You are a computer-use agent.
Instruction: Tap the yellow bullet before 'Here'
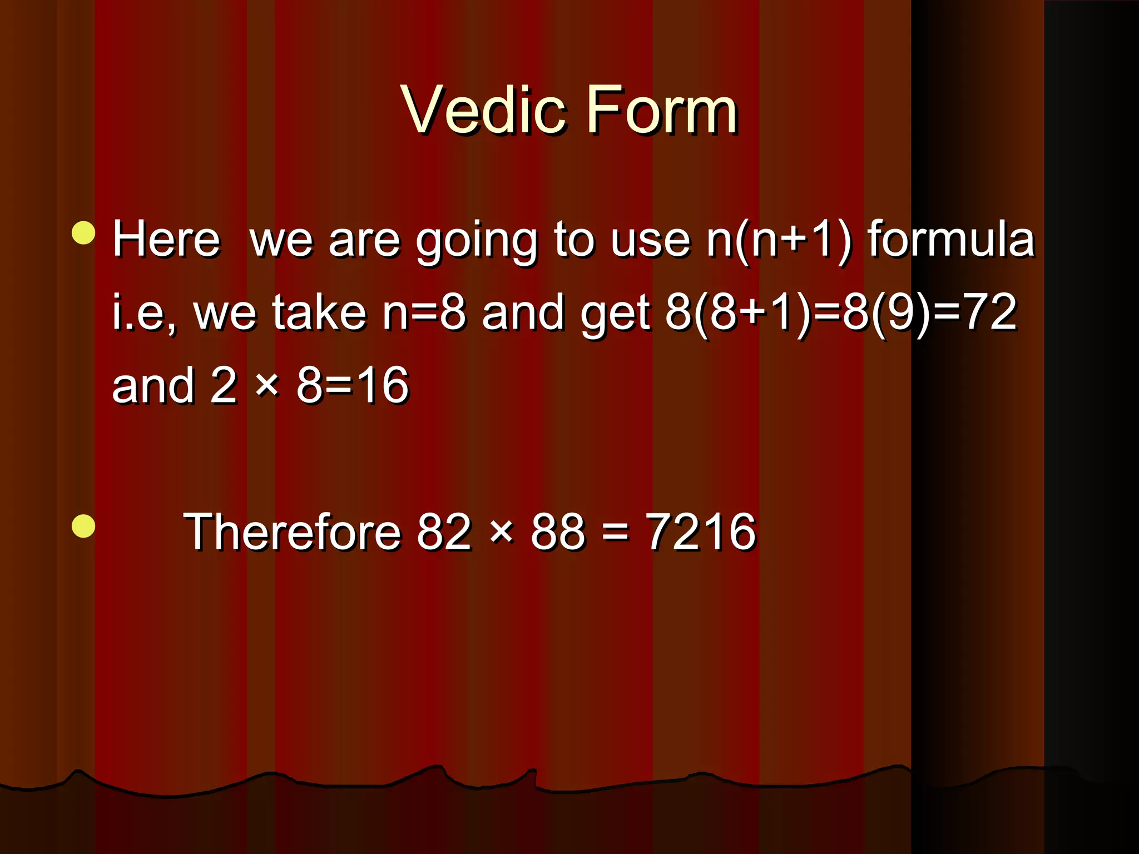(83, 233)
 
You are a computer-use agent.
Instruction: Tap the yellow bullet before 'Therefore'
(83, 526)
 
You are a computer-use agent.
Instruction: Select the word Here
(166, 239)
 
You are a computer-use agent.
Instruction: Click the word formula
(952, 239)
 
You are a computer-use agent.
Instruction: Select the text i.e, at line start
(144, 313)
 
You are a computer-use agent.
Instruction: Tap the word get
(615, 315)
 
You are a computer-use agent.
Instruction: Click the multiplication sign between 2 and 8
(267, 385)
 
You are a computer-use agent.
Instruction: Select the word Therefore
(292, 532)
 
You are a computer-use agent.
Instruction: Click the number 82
(444, 532)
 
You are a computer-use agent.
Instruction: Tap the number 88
(558, 532)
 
